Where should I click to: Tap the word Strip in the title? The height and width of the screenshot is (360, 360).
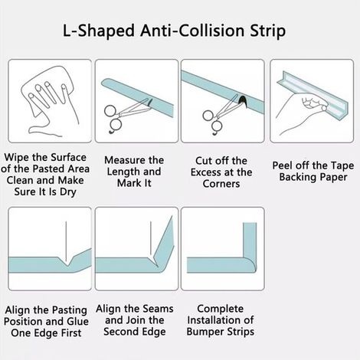tap(267, 31)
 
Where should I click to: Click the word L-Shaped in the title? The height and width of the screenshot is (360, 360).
tap(99, 31)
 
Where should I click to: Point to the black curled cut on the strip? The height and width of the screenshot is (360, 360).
tap(242, 101)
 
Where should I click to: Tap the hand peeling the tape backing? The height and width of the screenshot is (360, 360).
tap(301, 113)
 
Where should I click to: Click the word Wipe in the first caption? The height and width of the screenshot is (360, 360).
tap(17, 157)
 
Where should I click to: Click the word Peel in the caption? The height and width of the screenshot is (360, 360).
tap(283, 165)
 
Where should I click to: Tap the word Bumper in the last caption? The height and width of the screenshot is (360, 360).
tap(205, 332)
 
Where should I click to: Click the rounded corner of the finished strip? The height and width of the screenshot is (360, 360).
tap(250, 266)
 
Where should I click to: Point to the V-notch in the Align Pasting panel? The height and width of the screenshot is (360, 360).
tap(67, 262)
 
